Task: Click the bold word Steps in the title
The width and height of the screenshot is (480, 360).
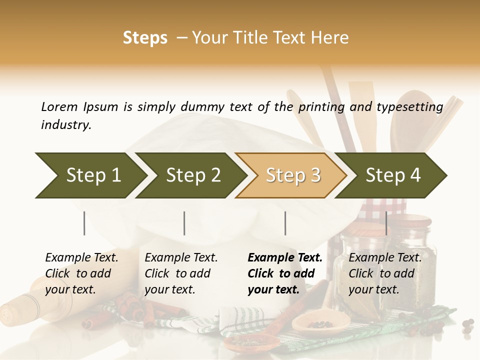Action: pos(145,38)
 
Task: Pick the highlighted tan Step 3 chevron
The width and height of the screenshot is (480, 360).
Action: pos(293,175)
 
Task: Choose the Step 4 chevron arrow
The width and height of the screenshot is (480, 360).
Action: pos(393,175)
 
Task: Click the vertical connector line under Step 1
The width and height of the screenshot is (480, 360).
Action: pos(84,223)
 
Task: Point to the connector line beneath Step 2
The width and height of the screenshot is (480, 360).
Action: pos(184,223)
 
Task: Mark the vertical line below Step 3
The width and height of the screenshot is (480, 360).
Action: pos(285,223)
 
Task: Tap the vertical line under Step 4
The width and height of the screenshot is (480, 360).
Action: pos(386,223)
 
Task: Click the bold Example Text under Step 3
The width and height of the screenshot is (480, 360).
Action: pos(285,273)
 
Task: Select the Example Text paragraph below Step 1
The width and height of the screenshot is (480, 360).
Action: pos(81,273)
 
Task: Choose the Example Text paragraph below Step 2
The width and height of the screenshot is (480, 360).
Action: pos(181,273)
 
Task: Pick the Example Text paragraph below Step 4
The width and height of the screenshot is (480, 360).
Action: pos(385,273)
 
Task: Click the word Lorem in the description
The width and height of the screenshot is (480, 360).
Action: pos(59,107)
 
